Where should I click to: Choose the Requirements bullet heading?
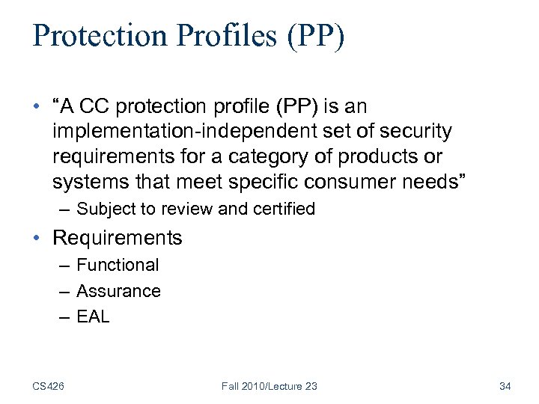[x=118, y=238]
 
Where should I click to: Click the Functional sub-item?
[x=118, y=265]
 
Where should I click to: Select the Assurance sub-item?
[x=118, y=290]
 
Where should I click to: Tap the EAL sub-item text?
[x=93, y=316]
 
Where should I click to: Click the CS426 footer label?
[x=48, y=385]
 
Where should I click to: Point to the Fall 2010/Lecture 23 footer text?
[x=269, y=385]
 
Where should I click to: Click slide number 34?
[x=505, y=385]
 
